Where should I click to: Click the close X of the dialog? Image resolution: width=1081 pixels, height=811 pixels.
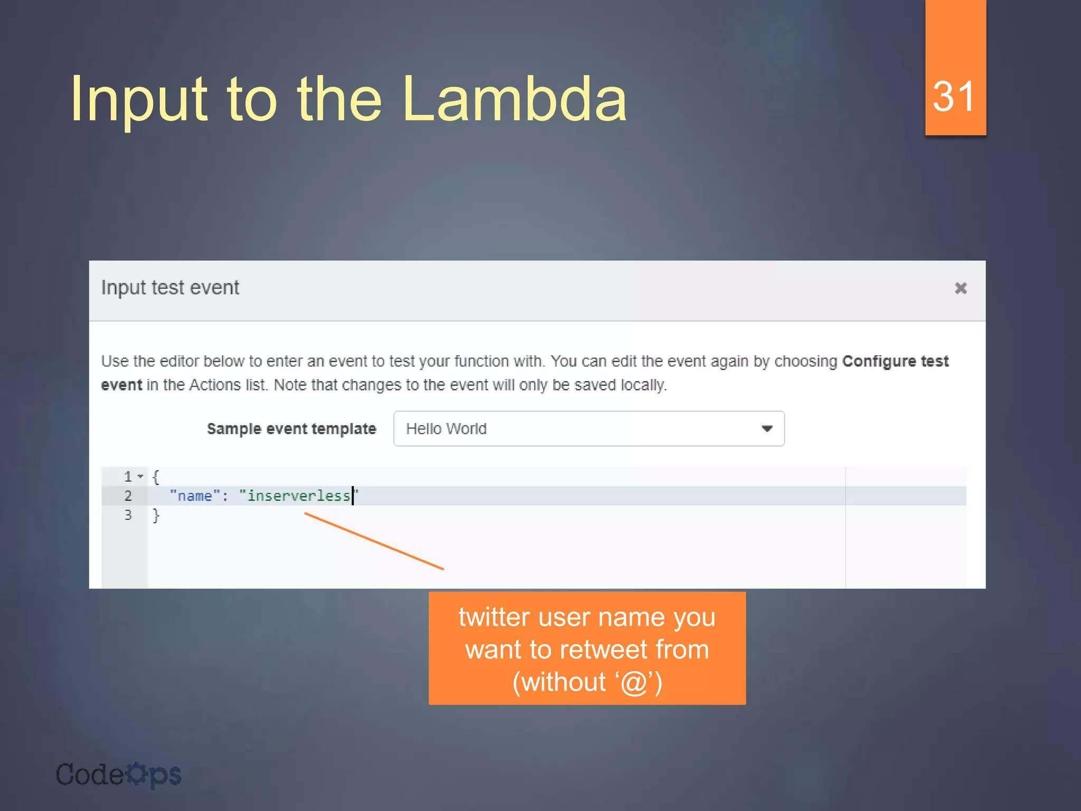tap(961, 288)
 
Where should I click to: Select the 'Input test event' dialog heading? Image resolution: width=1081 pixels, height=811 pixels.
tap(170, 288)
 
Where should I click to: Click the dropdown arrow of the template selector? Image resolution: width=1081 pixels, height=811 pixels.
tap(767, 429)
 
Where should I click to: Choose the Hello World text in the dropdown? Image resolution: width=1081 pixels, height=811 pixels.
tap(446, 429)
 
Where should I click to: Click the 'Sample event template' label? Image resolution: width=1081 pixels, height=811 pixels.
tap(291, 429)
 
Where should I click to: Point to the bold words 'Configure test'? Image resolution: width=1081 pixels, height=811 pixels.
tap(895, 361)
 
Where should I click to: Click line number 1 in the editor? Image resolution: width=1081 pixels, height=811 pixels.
tap(128, 477)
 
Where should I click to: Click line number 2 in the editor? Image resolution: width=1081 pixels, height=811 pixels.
tap(128, 496)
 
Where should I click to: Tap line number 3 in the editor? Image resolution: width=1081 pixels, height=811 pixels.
tap(128, 515)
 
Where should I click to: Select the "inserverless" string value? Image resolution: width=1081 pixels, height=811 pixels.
tap(298, 496)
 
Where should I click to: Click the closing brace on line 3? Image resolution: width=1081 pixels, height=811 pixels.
tap(156, 515)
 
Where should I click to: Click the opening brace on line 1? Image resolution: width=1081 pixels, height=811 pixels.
tap(156, 477)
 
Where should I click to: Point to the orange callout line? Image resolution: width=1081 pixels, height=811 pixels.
tap(374, 541)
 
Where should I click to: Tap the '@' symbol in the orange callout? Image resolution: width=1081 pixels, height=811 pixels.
tap(634, 682)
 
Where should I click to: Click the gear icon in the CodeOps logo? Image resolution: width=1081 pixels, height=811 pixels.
tap(137, 774)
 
